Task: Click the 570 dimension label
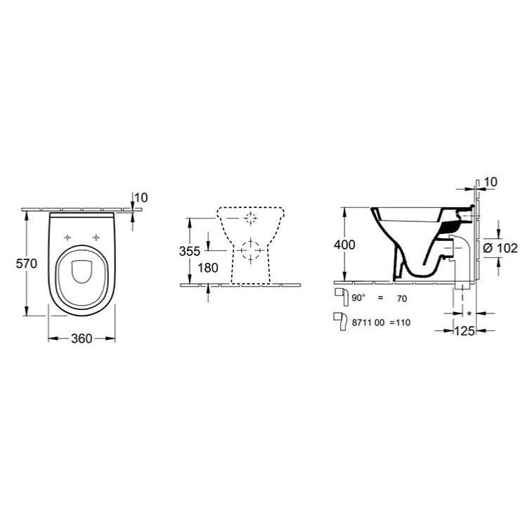27,263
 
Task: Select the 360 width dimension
82,339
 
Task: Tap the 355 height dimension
190,251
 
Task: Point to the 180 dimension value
208,268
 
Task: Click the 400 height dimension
344,245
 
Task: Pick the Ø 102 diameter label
500,248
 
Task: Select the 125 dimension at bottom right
464,331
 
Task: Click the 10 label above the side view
490,182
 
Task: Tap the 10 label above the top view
141,197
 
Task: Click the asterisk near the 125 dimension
469,313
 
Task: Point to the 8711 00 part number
367,323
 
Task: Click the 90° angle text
358,298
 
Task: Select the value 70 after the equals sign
402,299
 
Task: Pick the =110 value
400,323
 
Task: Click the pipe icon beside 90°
341,297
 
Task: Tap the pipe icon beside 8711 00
340,322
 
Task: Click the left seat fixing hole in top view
67,238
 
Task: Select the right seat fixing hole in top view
96,238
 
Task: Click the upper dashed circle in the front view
251,219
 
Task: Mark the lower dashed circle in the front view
251,251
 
